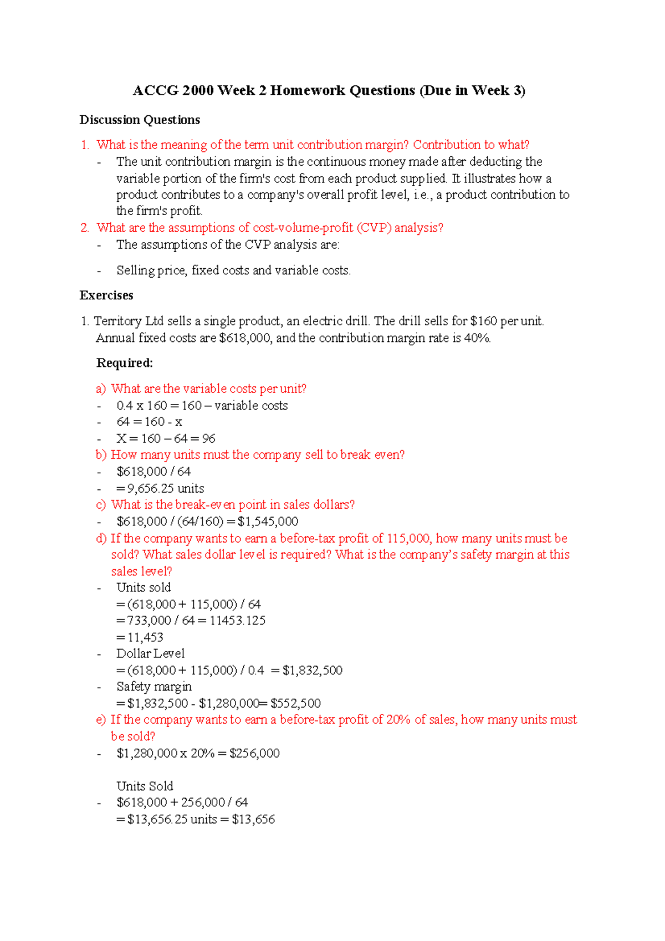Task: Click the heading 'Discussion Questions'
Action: coord(140,120)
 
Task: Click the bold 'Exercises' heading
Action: coord(106,295)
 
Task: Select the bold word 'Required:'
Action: coord(125,363)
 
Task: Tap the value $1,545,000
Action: coord(268,521)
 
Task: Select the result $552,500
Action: coord(295,703)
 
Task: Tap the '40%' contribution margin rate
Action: coord(477,338)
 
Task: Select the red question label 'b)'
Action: coord(101,455)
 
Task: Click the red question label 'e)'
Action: coord(101,720)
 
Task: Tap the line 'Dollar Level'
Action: coord(150,654)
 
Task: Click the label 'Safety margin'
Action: coord(154,687)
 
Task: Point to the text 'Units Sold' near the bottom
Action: coord(145,786)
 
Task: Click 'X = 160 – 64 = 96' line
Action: coord(166,438)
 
